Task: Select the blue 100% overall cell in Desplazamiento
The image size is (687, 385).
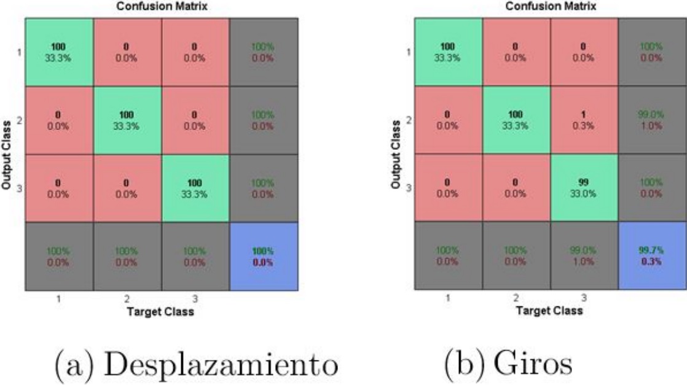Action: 264,256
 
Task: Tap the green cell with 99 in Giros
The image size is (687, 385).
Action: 583,188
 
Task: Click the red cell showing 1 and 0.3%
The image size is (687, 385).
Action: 583,120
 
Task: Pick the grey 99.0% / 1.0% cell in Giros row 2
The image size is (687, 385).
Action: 652,120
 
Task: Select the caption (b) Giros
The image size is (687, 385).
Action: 508,364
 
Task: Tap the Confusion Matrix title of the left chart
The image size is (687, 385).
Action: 161,6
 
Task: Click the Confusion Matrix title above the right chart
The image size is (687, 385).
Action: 550,6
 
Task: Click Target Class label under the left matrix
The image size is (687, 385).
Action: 160,312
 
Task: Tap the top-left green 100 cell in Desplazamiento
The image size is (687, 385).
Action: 59,52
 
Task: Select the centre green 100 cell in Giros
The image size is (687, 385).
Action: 515,120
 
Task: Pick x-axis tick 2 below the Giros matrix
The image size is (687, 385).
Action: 515,297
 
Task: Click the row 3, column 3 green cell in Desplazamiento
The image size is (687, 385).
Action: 195,188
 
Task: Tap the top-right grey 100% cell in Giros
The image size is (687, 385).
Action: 652,52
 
